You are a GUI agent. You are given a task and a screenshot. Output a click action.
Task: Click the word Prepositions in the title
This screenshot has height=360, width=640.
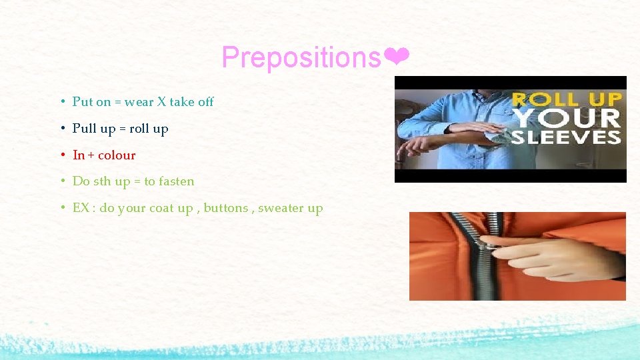(301, 58)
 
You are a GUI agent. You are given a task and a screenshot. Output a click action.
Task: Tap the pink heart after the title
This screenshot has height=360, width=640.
(397, 58)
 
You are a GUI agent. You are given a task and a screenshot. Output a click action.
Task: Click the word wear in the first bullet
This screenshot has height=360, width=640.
(139, 102)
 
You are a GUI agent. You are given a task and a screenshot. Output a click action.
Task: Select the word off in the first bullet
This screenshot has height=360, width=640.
(205, 102)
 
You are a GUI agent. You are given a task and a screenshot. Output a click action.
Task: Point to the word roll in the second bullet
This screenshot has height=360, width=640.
(139, 129)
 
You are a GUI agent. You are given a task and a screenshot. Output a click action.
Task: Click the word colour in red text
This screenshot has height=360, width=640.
(117, 155)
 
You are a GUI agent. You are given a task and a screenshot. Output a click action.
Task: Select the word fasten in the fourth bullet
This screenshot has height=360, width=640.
(177, 181)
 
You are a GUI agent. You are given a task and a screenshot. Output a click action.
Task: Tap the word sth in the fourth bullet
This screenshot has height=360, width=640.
(103, 181)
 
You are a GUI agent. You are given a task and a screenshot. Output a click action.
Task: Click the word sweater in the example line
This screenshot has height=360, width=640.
(281, 208)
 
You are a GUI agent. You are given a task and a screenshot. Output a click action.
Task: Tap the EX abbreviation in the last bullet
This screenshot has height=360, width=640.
(81, 208)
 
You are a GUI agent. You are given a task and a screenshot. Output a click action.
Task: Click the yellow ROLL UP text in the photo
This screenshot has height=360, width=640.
(566, 100)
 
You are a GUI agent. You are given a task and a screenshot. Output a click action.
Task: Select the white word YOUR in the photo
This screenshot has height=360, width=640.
(566, 118)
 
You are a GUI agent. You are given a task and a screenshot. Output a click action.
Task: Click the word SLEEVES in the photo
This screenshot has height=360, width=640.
(566, 137)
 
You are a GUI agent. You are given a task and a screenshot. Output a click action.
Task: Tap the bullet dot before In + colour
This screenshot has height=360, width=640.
(61, 155)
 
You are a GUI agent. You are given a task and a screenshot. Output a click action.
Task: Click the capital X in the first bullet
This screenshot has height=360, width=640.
(161, 102)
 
